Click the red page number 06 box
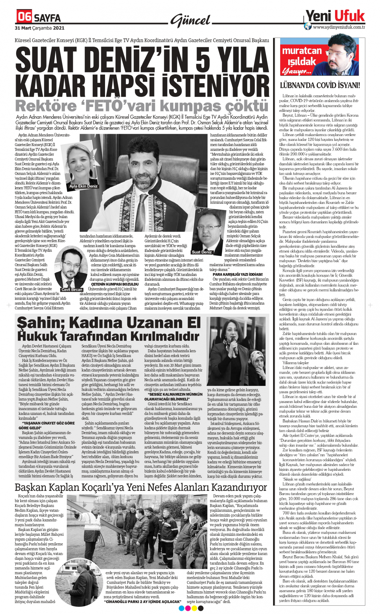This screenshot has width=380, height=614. [24, 16]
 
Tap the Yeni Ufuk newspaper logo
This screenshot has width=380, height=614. [335, 16]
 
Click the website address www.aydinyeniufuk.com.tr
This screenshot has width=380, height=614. [339, 27]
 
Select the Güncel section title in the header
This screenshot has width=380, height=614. [191, 20]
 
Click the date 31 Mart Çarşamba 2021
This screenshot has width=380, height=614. [39, 28]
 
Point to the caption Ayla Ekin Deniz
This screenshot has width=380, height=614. [83, 186]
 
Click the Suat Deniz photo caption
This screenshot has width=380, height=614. [202, 252]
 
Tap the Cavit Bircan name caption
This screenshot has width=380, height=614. [72, 290]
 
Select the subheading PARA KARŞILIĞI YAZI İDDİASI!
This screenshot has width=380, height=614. [238, 274]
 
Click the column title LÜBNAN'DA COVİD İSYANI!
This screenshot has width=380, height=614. [320, 85]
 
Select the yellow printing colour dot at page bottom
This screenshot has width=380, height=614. [194, 609]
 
